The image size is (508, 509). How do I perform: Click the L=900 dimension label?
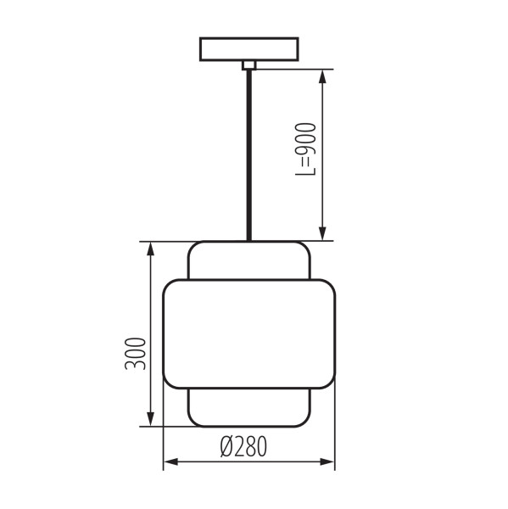305,149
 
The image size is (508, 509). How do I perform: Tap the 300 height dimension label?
135,354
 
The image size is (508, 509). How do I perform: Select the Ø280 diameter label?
243,446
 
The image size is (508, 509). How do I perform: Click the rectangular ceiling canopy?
249,49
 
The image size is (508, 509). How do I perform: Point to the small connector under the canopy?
249,65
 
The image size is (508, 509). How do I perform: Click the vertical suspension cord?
249,155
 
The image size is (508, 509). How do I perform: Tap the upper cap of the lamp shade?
249,260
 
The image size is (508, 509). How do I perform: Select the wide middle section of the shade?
249,333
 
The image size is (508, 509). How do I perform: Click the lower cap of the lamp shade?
249,407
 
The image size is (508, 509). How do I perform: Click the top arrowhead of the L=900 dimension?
322,76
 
